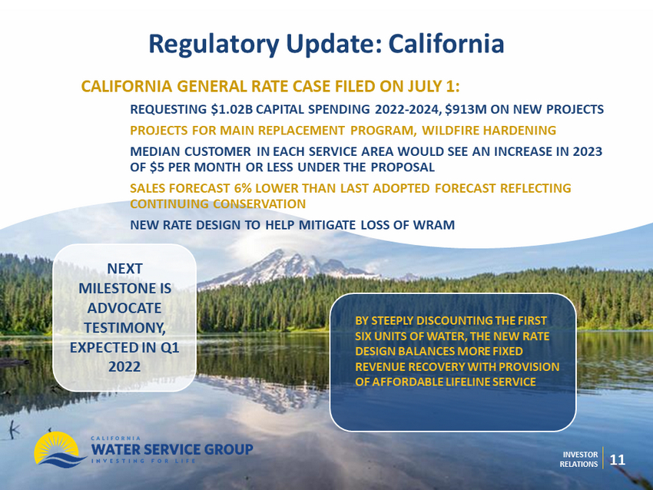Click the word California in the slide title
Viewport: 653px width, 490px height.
click(x=446, y=44)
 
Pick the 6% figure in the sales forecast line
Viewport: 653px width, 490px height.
click(x=243, y=188)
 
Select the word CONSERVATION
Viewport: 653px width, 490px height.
click(x=260, y=204)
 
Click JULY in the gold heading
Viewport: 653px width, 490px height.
click(x=425, y=86)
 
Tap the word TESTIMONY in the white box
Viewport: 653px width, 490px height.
click(x=125, y=328)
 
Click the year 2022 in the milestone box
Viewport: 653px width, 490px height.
click(x=124, y=367)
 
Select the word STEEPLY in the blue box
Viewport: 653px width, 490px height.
click(x=393, y=321)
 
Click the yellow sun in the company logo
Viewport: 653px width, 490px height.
click(x=55, y=446)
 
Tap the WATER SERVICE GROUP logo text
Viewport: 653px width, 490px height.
click(x=172, y=449)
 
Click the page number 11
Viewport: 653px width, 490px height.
click(x=618, y=459)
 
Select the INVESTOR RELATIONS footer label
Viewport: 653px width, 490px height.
click(x=579, y=459)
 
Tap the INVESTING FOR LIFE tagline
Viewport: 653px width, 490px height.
click(x=143, y=461)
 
